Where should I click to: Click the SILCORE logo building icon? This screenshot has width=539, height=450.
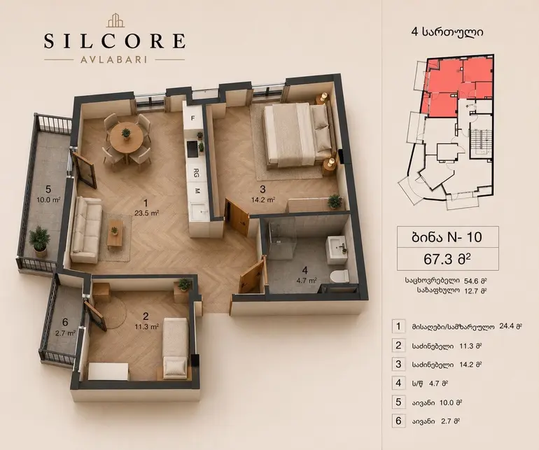115,20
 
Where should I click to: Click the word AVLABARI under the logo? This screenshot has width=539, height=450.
114,59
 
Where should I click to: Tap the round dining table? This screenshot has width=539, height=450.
126,136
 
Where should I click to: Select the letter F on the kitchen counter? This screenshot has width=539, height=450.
192,118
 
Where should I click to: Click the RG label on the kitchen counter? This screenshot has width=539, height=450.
196,171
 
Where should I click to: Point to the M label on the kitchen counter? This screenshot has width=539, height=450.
197,191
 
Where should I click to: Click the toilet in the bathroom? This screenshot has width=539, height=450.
339,276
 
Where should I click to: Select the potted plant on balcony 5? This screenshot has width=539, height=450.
39,241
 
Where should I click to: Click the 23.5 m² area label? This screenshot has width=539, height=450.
147,213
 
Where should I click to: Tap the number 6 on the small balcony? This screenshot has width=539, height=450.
65,322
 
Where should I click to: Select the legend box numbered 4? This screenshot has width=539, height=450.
398,383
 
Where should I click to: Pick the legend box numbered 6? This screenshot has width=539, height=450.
398,421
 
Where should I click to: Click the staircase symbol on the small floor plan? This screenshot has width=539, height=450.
479,140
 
